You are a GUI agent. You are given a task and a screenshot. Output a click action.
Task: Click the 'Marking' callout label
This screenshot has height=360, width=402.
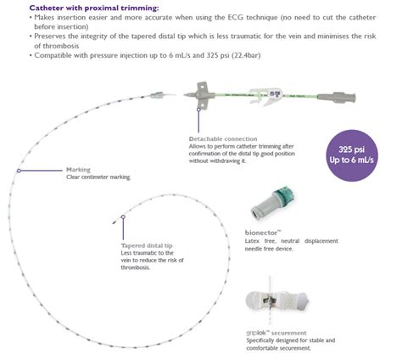coord(79,169)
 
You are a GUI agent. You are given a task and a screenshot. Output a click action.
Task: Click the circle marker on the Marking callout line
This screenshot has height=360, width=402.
coord(19,169)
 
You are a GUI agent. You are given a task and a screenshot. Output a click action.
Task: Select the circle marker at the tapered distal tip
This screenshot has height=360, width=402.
coord(124,217)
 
